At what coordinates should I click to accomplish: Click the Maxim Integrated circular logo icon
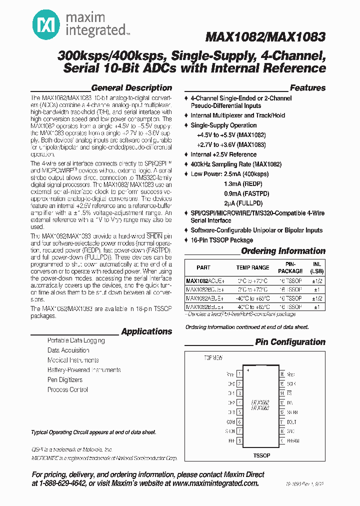click(44, 23)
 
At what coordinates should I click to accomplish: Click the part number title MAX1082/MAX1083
click(265, 37)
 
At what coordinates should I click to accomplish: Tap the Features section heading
click(307, 88)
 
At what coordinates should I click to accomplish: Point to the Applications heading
click(146, 331)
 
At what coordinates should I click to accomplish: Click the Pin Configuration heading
click(290, 342)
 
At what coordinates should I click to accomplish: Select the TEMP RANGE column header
click(252, 267)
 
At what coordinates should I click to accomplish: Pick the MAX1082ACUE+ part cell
click(204, 281)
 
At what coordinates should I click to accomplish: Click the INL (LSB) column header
click(316, 267)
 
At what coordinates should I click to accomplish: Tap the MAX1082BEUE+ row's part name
click(204, 306)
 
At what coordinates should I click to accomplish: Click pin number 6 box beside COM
click(239, 421)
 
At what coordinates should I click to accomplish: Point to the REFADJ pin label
click(293, 441)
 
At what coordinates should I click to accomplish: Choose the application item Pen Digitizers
click(65, 380)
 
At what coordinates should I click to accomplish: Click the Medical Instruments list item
click(73, 360)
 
